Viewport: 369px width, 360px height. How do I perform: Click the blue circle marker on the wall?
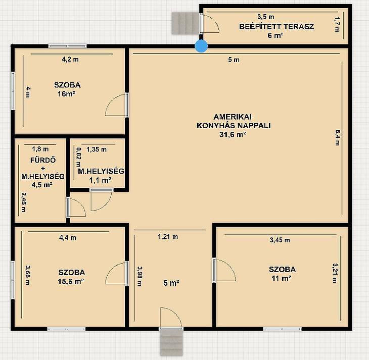point(202,46)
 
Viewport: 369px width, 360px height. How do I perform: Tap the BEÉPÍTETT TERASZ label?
point(276,27)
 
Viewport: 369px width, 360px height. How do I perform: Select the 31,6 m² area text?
point(233,135)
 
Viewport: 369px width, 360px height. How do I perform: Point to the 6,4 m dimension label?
point(338,137)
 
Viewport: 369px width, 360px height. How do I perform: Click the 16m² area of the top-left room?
point(66,94)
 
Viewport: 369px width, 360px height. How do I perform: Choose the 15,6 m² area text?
point(71,281)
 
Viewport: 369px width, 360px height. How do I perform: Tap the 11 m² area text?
point(282,278)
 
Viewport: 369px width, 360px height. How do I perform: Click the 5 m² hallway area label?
point(171,283)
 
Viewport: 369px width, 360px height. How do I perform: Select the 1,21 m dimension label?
point(168,237)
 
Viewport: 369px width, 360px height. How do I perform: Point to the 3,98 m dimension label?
point(140,276)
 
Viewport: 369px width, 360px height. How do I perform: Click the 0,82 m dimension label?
point(78,157)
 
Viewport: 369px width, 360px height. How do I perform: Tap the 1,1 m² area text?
point(100,180)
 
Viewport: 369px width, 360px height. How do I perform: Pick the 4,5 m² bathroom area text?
point(42,185)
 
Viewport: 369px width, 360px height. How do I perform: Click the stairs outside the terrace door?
point(185,23)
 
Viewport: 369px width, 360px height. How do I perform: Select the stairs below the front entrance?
point(171,342)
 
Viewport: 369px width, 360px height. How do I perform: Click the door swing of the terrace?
point(211,24)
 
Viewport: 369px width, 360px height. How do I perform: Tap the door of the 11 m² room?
point(224,270)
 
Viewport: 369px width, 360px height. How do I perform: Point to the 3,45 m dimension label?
point(280,240)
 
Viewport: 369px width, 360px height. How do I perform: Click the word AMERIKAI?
point(233,117)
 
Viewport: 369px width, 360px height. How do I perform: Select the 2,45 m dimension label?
point(24,202)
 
